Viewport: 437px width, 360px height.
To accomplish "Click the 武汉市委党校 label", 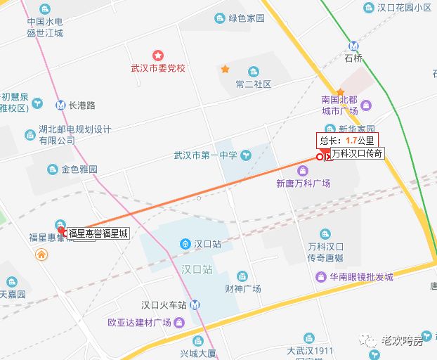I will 159,68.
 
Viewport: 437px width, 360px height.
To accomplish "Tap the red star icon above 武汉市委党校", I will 159,55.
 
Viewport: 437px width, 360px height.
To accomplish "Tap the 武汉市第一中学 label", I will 206,155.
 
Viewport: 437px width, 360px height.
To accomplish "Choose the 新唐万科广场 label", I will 303,183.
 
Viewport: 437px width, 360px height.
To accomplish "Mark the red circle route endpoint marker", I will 320,157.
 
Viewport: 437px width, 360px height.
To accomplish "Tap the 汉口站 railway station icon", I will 185,244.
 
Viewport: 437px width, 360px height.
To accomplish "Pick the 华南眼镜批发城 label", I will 363,276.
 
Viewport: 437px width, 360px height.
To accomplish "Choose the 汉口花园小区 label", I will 404,8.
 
